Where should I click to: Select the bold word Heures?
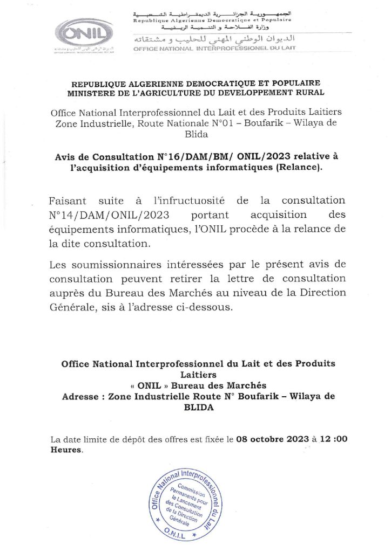tap(66, 450)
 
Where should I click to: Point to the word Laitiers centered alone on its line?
tap(198, 374)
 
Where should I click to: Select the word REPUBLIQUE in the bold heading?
tap(104, 82)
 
